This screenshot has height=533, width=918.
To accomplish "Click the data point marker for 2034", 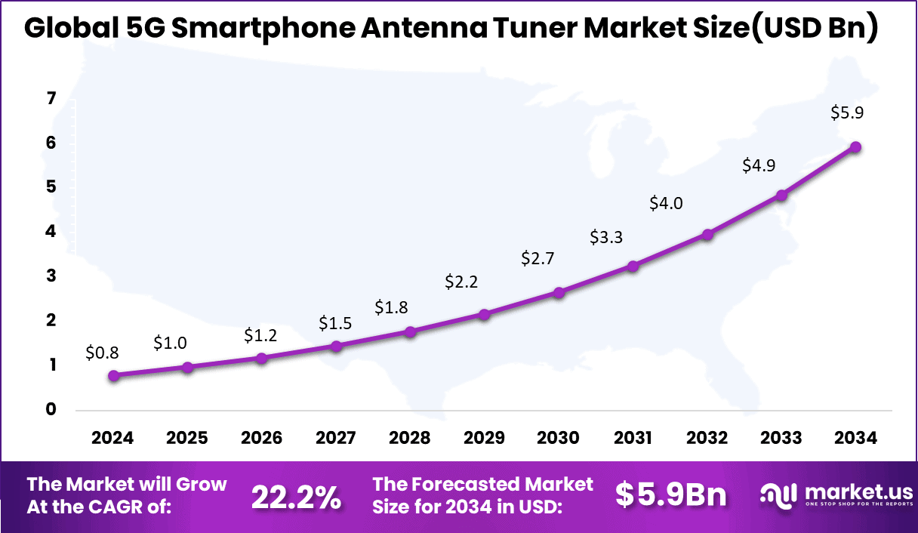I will (x=855, y=147).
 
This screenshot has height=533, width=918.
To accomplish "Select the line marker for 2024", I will (x=113, y=375).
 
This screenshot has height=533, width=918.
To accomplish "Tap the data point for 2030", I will (x=559, y=292).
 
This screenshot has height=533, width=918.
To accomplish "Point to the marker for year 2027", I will (x=336, y=346).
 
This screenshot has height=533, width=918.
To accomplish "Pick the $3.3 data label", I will (x=606, y=238).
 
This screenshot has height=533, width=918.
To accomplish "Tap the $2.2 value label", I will (x=462, y=282).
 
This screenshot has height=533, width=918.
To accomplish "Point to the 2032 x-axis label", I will (x=707, y=439).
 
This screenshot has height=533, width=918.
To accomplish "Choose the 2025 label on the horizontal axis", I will (x=187, y=439).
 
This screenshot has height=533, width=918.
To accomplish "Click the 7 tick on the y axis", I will (x=51, y=98).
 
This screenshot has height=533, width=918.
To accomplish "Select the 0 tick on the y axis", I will (x=51, y=410).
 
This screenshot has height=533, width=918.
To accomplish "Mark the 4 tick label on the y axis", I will (x=51, y=232).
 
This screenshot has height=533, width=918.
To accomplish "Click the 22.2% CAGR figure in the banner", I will (x=296, y=497).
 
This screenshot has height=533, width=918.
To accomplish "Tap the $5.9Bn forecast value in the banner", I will (x=670, y=495).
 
